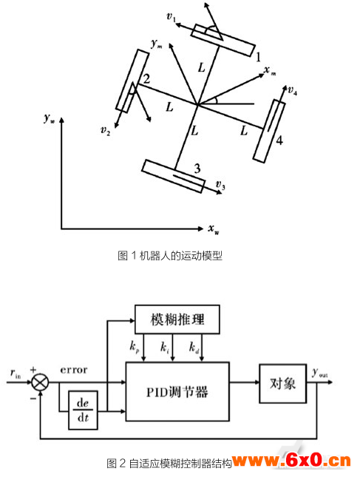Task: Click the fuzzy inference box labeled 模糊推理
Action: click(177, 319)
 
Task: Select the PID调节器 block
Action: click(177, 391)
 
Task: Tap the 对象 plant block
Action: click(282, 383)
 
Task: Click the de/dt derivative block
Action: click(83, 410)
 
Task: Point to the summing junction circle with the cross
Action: click(40, 382)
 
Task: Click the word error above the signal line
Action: click(74, 370)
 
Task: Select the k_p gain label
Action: click(134, 347)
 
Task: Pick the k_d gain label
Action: click(194, 347)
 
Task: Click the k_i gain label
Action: click(165, 347)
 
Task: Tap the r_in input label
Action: click(16, 373)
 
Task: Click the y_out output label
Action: click(319, 373)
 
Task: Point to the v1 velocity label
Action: click(171, 17)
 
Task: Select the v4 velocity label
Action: click(293, 90)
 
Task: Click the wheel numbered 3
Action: click(173, 176)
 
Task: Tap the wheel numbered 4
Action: click(269, 131)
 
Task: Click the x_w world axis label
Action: click(214, 229)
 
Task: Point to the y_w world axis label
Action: click(49, 118)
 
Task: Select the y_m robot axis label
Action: click(157, 44)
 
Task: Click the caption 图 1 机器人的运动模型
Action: click(170, 256)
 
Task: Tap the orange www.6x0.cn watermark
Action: click(292, 461)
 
